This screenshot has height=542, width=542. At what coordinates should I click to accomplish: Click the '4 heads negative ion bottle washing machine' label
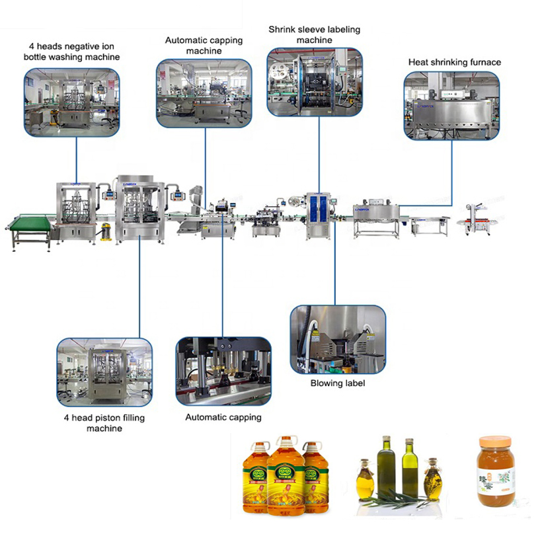72,52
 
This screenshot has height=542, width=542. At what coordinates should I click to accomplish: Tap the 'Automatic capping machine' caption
204,46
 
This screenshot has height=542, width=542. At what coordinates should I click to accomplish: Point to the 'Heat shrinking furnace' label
454,62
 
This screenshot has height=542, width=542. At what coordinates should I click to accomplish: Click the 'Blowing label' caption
337,383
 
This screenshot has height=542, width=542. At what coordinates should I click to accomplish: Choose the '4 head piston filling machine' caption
104,423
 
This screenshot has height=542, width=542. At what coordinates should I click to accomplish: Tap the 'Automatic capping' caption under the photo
223,417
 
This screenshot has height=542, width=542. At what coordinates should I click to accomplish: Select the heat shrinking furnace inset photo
451,106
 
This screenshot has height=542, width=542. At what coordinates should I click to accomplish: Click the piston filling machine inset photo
104,372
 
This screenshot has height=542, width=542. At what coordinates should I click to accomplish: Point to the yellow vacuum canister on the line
106,231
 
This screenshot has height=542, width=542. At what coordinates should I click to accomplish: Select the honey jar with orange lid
496,471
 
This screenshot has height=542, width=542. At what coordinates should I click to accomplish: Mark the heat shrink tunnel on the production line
377,214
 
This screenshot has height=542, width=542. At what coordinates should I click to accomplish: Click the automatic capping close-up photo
223,371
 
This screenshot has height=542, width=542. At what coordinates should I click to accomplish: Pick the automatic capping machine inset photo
204,93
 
